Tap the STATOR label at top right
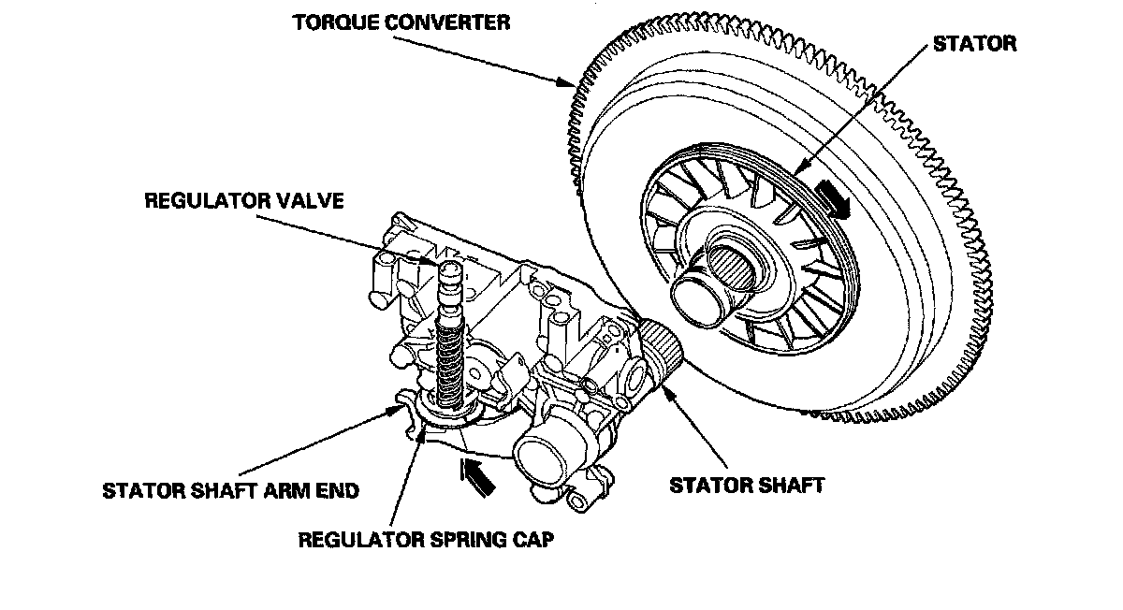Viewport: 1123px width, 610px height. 973,43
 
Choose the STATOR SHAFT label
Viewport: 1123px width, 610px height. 746,485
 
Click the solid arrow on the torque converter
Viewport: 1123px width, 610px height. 831,199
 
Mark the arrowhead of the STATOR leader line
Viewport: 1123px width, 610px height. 796,172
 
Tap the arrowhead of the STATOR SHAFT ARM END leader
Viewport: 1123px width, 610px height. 394,409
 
